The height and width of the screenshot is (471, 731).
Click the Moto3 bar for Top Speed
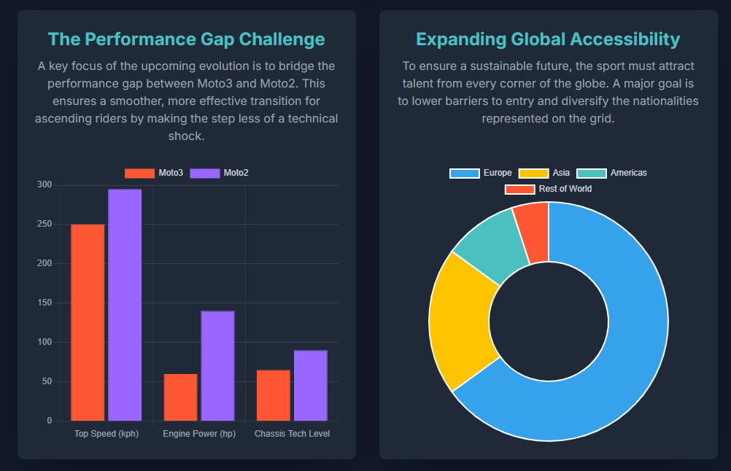88,322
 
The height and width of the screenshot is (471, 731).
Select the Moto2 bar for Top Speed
125,305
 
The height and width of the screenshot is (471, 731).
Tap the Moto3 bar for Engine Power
180,397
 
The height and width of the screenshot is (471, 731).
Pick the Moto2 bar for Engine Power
217,366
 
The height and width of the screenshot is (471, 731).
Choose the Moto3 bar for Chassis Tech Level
273,395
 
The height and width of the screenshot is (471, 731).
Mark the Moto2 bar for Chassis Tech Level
311,386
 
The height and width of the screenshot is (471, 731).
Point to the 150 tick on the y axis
45,303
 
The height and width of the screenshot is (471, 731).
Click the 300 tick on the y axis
45,185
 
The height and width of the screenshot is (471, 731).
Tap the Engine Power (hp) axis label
199,434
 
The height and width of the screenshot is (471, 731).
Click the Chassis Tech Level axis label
292,434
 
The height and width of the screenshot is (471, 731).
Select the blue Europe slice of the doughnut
620,350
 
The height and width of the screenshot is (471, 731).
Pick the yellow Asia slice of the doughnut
460,321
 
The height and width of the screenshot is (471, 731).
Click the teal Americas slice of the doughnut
492,244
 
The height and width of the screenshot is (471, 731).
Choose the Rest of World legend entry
549,189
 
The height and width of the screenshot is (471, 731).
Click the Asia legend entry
544,174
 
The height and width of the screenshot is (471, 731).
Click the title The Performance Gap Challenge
186,39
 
